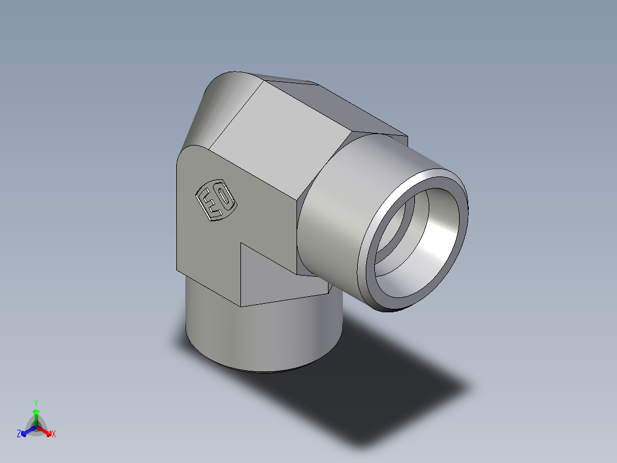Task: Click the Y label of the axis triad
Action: click(35, 402)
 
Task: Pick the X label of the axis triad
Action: click(54, 434)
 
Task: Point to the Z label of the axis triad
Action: click(19, 434)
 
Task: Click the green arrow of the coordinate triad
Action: click(36, 415)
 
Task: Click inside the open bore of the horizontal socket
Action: click(424, 241)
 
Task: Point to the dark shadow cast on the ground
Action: click(389, 384)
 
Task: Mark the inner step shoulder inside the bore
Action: click(395, 229)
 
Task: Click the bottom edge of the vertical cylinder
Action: click(263, 371)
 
